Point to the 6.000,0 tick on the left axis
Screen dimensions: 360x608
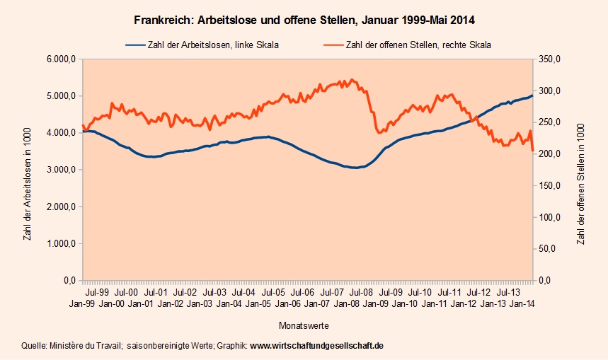61,59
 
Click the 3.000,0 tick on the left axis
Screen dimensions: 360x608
61,170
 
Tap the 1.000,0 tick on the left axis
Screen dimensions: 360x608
61,244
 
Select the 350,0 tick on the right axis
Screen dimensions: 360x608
550,59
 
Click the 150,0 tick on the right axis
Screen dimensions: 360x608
550,186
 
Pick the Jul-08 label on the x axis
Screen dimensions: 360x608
361,291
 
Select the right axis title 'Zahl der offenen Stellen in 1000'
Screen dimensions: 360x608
581,170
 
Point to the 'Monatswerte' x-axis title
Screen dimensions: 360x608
304,326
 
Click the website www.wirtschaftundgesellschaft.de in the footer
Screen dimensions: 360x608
316,347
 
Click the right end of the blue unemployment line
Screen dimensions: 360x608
532,95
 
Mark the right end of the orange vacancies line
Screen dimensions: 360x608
533,150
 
